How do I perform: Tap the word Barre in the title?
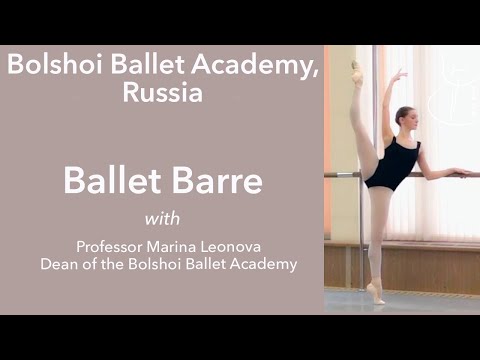[220, 181]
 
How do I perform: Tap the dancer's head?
[403, 117]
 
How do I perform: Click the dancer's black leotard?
[387, 161]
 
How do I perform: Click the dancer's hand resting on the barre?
[460, 172]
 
